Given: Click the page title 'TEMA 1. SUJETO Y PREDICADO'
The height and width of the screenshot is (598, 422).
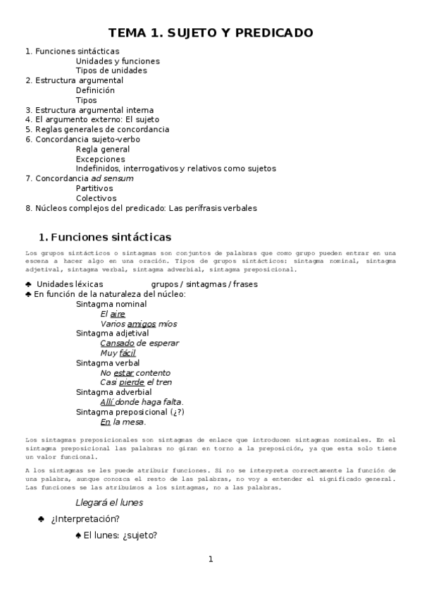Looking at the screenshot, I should [x=211, y=33].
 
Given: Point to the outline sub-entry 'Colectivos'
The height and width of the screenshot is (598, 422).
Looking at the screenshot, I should [x=97, y=198].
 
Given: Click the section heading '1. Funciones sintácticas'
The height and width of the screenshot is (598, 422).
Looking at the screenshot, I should [x=105, y=237].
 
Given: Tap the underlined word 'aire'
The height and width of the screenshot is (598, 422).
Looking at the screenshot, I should [x=118, y=314].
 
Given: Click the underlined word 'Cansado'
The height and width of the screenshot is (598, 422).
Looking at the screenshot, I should [x=117, y=343].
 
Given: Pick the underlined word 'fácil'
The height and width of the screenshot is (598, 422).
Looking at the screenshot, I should [x=128, y=353].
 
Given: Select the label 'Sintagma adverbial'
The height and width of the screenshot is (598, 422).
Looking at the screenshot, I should [x=113, y=392].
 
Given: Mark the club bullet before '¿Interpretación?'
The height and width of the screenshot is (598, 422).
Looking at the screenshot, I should [x=42, y=520].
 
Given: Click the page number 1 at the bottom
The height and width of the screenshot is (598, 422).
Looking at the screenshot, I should [x=210, y=559].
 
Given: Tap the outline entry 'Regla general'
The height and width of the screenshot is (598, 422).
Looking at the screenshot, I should [x=103, y=149].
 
